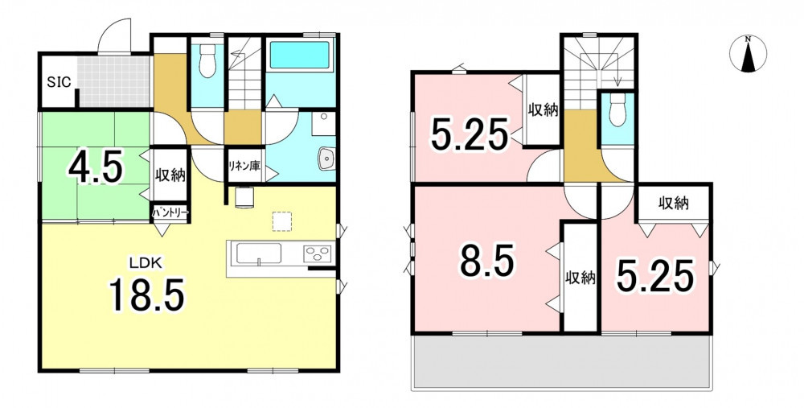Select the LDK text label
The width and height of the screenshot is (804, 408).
click(x=146, y=264)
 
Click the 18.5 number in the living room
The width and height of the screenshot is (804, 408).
click(x=146, y=295)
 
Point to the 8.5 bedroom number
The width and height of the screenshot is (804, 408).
click(x=486, y=260)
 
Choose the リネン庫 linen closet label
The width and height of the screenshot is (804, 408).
click(x=244, y=166)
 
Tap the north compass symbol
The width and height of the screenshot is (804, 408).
click(x=748, y=54)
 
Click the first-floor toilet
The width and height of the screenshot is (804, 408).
click(x=207, y=60)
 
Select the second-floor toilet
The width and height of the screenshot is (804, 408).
click(x=617, y=111)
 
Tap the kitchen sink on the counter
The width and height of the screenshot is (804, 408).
click(x=258, y=253)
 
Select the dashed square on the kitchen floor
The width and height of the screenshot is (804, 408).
click(x=282, y=221)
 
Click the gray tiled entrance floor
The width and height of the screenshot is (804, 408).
click(x=114, y=81)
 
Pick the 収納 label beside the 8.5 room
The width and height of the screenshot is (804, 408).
click(x=580, y=278)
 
